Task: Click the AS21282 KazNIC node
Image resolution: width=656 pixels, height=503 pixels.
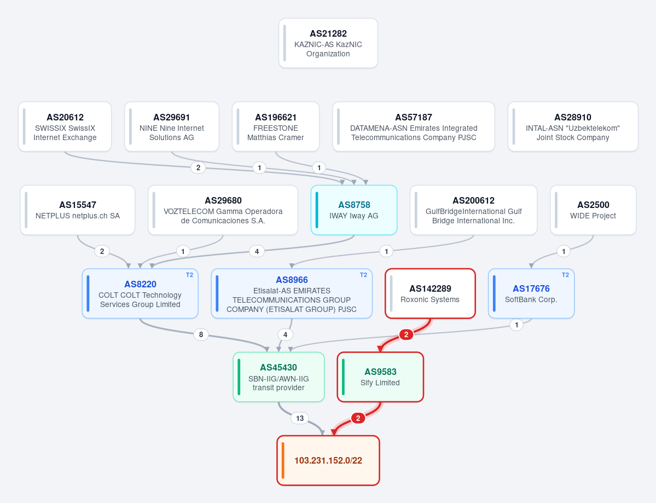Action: pyautogui.click(x=328, y=43)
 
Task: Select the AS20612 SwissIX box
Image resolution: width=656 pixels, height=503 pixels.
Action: pyautogui.click(x=65, y=126)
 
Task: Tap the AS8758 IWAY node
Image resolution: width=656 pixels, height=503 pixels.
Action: pyautogui.click(x=354, y=210)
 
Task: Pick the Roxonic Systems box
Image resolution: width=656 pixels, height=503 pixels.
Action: pyautogui.click(x=430, y=293)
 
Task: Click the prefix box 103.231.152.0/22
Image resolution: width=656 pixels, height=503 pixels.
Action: pyautogui.click(x=328, y=460)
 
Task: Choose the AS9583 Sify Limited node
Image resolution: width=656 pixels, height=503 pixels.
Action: pyautogui.click(x=380, y=377)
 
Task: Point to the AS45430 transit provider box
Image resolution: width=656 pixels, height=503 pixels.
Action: pyautogui.click(x=278, y=377)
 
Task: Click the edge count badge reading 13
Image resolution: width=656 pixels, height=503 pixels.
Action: pyautogui.click(x=300, y=418)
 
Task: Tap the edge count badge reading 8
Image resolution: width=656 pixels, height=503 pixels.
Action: pyautogui.click(x=201, y=334)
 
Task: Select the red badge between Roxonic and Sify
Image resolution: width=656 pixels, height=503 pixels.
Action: pyautogui.click(x=406, y=334)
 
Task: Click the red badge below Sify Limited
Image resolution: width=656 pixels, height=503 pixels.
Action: pyautogui.click(x=358, y=418)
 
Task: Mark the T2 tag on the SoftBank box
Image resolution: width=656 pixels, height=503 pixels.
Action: pyautogui.click(x=565, y=275)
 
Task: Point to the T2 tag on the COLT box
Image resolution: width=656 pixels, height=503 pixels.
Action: pyautogui.click(x=189, y=275)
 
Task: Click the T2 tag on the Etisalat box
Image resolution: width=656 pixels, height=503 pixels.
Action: pyautogui.click(x=363, y=275)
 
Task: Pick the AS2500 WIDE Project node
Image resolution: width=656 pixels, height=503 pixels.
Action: pyautogui.click(x=593, y=210)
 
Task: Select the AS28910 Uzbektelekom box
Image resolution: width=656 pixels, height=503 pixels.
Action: pyautogui.click(x=573, y=126)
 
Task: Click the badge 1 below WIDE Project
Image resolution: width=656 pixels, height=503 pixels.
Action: pyautogui.click(x=564, y=251)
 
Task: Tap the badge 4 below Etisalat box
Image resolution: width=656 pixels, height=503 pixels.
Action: pyautogui.click(x=286, y=334)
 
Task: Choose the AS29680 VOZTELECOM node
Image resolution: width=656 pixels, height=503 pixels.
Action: pyautogui.click(x=223, y=210)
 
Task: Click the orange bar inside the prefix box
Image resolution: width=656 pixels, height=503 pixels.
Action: pyautogui.click(x=283, y=460)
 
